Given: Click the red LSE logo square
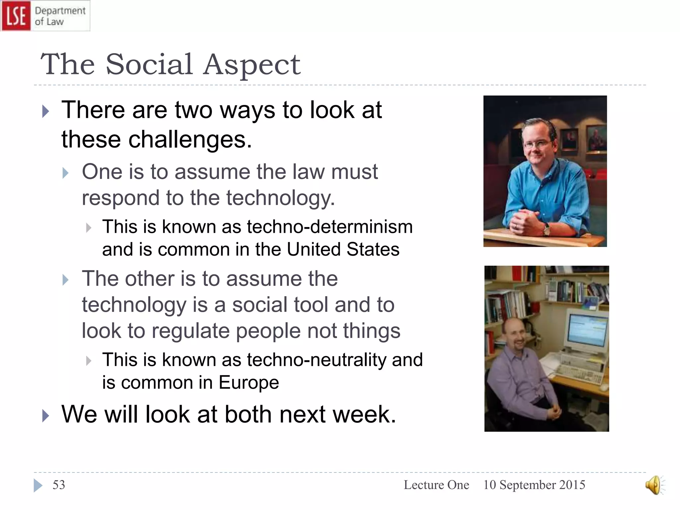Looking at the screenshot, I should [x=16, y=16].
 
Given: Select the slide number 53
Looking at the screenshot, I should [x=59, y=485].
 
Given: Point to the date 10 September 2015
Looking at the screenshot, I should [x=534, y=485].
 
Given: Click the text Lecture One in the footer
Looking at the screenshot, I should [x=436, y=485].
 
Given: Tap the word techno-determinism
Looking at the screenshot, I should [x=330, y=227].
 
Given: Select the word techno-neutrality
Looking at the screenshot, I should [x=316, y=360].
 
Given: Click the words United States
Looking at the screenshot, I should [x=343, y=249].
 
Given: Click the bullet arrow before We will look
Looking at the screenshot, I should [x=46, y=415].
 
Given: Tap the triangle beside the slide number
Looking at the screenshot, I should [x=38, y=485].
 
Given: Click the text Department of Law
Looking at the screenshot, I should [x=60, y=16].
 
